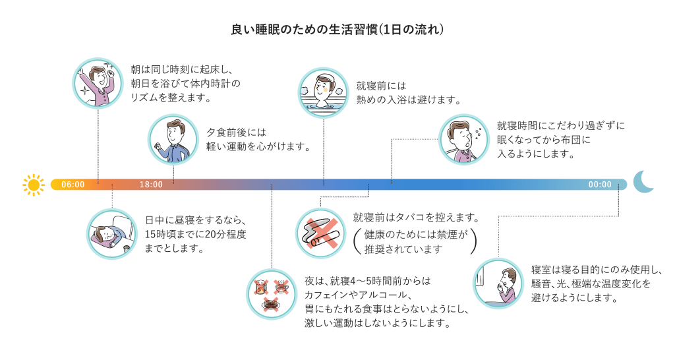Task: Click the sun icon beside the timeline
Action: [x=33, y=185]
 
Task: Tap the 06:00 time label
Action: [x=73, y=185]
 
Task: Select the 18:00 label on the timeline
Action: [x=151, y=185]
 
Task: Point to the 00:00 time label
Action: [x=600, y=185]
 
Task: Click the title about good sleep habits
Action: [x=337, y=30]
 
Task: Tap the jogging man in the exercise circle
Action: [x=173, y=140]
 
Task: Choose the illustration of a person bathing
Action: [x=324, y=92]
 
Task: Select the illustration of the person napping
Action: [x=112, y=233]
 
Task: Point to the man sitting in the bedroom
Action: [x=499, y=284]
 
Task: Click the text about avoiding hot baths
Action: [x=407, y=93]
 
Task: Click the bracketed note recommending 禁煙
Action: [x=415, y=242]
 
